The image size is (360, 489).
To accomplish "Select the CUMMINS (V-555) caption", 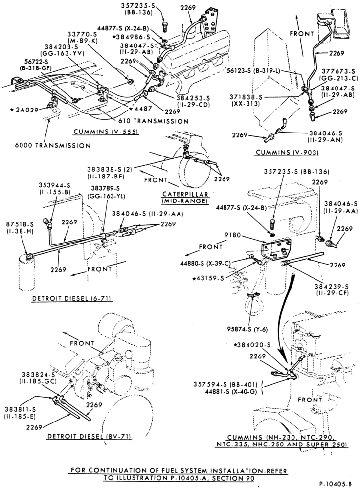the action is click(106, 132).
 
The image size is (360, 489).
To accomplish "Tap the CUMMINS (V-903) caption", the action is click(287, 152).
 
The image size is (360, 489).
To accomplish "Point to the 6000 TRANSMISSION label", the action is click(53, 145).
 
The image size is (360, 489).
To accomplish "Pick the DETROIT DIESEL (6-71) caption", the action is click(73, 299).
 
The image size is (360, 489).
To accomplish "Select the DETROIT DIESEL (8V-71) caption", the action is click(89, 436).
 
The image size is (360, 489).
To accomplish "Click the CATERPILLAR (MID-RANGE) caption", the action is click(185, 198).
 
